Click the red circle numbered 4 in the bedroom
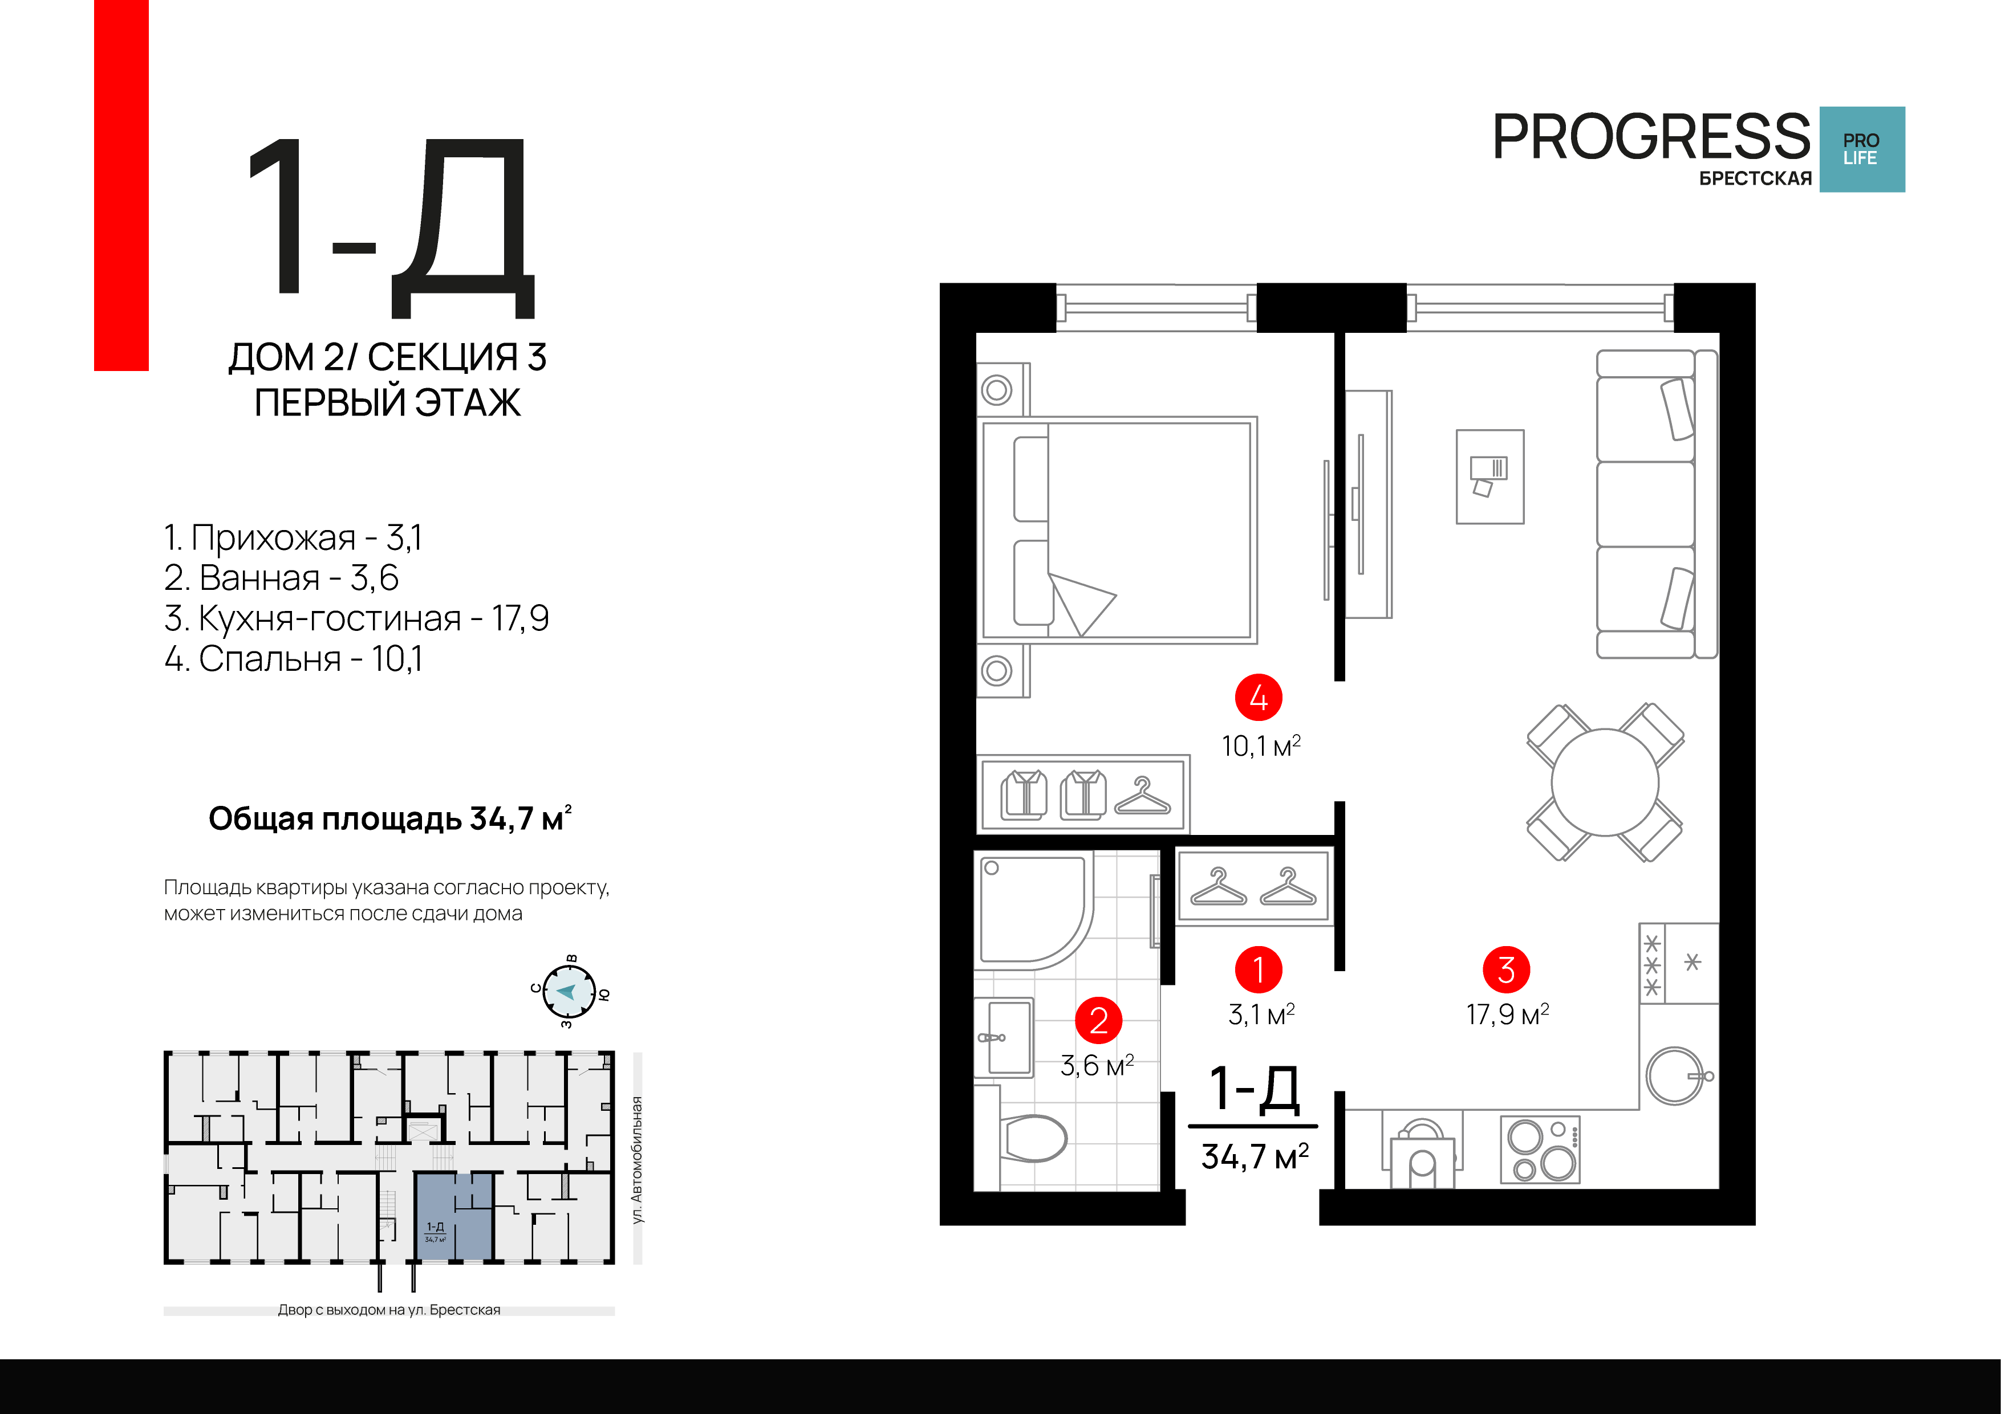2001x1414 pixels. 1259,697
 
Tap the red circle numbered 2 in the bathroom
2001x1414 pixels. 1099,1020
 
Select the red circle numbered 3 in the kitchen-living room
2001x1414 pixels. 1507,969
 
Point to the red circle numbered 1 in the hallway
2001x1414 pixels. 1259,969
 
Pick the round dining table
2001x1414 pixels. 1605,783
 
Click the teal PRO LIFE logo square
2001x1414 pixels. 1862,149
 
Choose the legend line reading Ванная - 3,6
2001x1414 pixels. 282,577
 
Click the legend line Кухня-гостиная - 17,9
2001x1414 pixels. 356,618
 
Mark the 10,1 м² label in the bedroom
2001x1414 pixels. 1261,746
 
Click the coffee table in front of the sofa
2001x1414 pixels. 1490,476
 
